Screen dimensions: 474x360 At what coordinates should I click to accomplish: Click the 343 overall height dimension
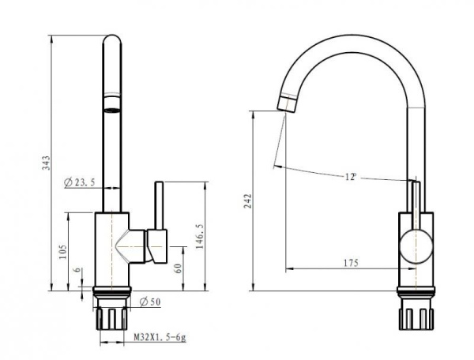(x=46, y=163)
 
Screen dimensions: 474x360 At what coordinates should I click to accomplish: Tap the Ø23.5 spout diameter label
(x=80, y=182)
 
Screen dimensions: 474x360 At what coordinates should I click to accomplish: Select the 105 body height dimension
(x=62, y=252)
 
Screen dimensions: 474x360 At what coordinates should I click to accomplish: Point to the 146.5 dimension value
(x=200, y=237)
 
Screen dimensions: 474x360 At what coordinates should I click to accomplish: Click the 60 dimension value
(x=179, y=268)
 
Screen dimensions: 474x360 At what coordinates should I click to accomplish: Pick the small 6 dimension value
(x=78, y=270)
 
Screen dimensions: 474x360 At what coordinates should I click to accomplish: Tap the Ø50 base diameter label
(x=150, y=302)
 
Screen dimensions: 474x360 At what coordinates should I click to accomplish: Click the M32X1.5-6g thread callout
(x=160, y=337)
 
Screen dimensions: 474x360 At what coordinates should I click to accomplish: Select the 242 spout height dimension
(x=247, y=201)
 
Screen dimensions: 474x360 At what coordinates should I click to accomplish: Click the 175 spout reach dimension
(x=351, y=263)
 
